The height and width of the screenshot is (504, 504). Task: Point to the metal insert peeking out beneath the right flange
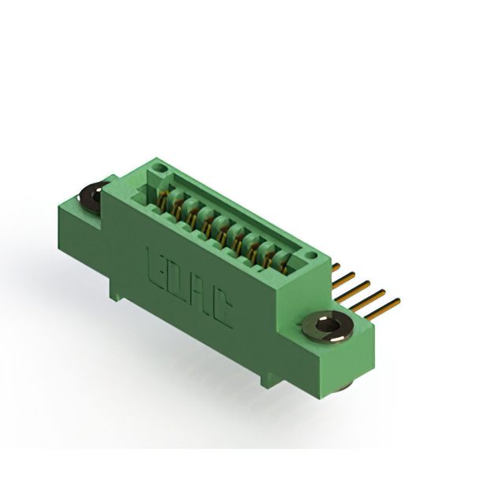[x=343, y=387]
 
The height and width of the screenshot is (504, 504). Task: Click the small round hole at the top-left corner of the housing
[x=157, y=168]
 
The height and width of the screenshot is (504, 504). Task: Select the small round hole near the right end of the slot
[x=311, y=255]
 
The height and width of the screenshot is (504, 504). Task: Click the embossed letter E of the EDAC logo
[x=157, y=268]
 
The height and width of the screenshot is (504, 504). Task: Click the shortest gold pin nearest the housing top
[x=335, y=267]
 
